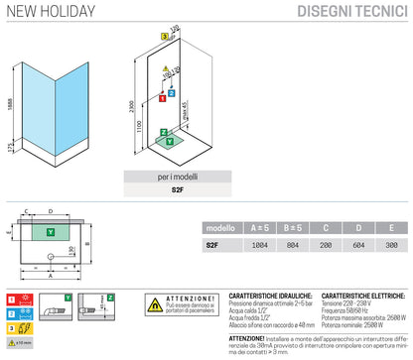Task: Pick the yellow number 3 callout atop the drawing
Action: (163, 33)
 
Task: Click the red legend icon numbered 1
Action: (12, 298)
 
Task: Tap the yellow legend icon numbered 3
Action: (12, 330)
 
